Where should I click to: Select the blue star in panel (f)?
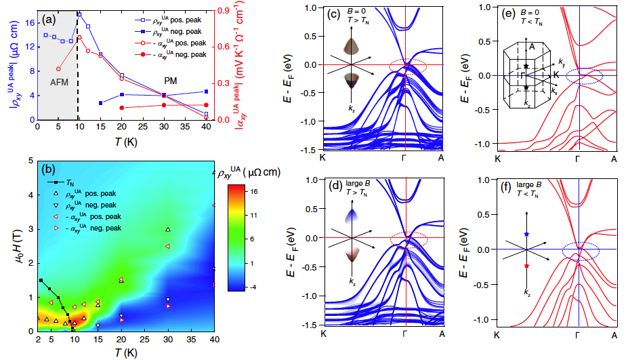pos(526,234)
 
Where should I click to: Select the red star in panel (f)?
pos(526,266)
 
